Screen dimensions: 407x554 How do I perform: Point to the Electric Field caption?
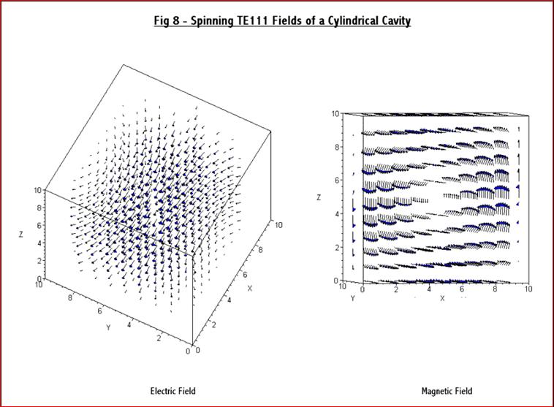click(173, 391)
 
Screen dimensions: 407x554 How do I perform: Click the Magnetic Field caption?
click(447, 391)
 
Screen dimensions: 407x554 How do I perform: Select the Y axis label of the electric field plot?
click(108, 327)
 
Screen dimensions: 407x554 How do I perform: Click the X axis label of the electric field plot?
click(249, 288)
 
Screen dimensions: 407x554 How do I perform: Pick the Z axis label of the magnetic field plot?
click(319, 197)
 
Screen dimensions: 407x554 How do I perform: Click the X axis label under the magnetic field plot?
click(442, 298)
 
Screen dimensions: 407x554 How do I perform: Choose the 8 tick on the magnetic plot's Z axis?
click(337, 147)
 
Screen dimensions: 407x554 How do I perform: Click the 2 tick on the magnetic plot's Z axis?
click(337, 248)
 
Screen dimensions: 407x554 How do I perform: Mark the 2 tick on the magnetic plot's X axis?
click(395, 290)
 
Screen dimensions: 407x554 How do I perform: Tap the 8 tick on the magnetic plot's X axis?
click(495, 290)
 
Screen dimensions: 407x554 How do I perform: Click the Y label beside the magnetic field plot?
click(352, 298)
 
